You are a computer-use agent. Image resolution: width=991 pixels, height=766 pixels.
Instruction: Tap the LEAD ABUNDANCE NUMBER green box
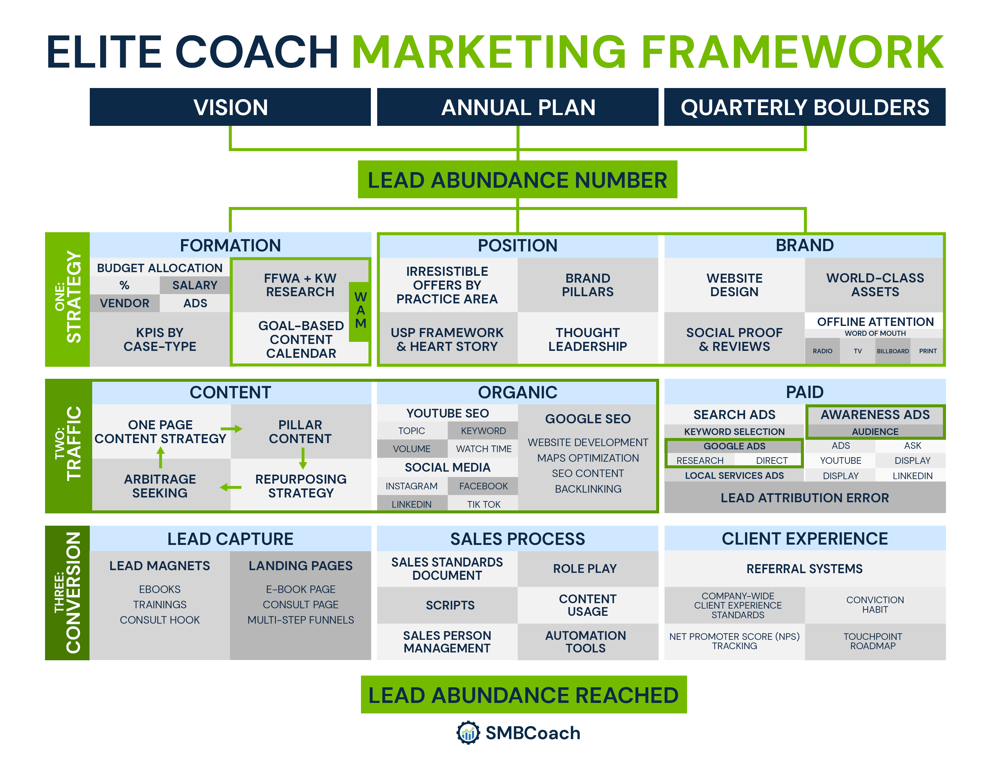517,179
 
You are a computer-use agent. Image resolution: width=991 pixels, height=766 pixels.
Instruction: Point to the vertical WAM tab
360,311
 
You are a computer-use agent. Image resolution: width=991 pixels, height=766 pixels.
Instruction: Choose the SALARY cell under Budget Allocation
195,285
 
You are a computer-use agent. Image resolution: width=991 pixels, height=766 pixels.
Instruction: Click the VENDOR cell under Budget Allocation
125,303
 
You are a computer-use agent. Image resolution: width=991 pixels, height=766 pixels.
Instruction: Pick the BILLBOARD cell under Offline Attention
893,351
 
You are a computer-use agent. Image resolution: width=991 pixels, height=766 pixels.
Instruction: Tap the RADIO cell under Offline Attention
822,351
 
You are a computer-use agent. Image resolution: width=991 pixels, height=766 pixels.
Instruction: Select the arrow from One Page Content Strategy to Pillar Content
232,429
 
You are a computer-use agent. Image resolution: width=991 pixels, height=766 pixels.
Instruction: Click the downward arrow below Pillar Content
303,458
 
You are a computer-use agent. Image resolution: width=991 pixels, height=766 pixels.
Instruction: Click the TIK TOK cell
484,504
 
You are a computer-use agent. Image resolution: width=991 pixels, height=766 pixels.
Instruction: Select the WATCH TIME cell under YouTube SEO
484,449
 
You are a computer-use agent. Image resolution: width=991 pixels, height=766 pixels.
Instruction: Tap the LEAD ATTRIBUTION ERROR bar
805,498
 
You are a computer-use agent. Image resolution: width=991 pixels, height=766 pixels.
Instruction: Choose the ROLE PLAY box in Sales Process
588,569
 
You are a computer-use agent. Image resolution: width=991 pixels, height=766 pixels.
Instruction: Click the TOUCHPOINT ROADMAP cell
875,641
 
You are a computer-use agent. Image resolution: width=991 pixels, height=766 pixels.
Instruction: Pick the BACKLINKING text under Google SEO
588,489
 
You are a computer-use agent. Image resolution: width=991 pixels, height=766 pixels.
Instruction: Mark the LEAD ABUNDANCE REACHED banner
524,695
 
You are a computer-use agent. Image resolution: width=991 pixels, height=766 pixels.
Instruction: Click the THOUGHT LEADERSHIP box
588,339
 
